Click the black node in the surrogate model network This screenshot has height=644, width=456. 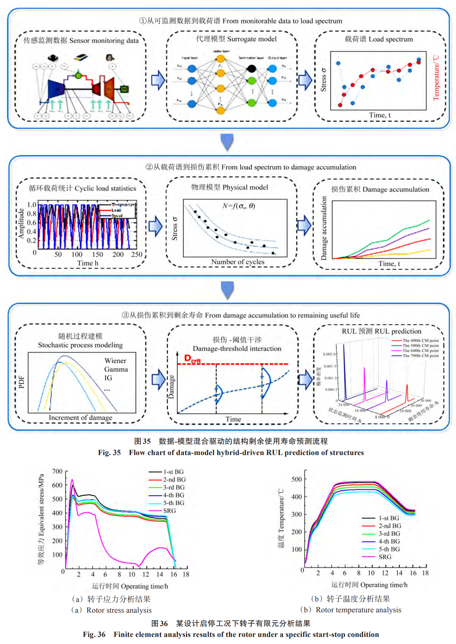click(x=252, y=69)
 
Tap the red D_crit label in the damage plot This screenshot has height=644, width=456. click(x=192, y=359)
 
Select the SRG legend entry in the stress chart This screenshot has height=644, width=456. click(x=169, y=511)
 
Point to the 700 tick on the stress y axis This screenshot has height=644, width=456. click(x=57, y=471)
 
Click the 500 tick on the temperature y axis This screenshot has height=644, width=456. click(x=297, y=479)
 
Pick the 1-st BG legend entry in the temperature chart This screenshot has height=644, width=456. click(x=389, y=518)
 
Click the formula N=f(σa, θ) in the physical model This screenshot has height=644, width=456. click(x=238, y=206)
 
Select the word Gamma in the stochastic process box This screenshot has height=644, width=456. click(x=116, y=369)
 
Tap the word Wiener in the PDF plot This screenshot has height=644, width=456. click(x=115, y=361)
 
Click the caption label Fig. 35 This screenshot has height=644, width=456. click(x=109, y=453)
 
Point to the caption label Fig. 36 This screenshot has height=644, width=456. click(x=94, y=635)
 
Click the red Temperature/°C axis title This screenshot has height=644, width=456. click(x=436, y=78)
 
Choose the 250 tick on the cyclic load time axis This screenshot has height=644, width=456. click(x=137, y=255)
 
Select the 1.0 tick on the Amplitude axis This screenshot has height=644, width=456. click(x=32, y=205)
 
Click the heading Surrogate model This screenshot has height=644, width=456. click(x=252, y=39)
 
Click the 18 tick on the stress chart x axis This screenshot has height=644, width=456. click(x=186, y=574)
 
